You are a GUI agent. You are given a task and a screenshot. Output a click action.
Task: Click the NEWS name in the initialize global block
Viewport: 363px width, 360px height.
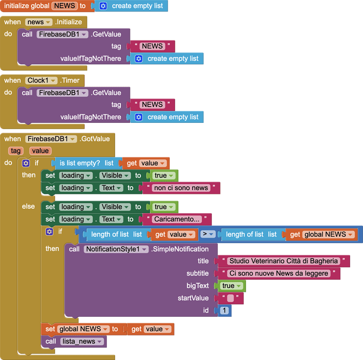(x=64, y=6)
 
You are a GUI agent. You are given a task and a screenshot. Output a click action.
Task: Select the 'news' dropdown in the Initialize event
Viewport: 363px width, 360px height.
(x=38, y=22)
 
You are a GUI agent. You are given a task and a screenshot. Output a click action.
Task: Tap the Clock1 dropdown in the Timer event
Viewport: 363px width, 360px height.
(x=42, y=81)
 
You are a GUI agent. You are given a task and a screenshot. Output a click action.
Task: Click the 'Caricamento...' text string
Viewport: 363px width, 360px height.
(x=177, y=219)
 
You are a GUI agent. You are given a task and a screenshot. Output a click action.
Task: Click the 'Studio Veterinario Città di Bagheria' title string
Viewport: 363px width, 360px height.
(x=283, y=261)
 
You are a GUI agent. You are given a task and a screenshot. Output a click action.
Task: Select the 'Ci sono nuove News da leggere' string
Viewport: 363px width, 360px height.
(x=279, y=273)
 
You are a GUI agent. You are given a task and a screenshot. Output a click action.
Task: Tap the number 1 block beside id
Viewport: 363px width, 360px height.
(x=224, y=311)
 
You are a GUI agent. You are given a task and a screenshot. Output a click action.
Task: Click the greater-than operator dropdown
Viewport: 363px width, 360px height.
(x=207, y=234)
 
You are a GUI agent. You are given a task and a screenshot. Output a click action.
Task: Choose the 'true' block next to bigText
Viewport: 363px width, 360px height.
(x=232, y=286)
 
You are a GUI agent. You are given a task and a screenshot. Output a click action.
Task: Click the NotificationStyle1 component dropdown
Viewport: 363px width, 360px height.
(x=117, y=249)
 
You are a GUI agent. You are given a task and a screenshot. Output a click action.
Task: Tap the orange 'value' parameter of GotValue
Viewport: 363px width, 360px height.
(x=41, y=151)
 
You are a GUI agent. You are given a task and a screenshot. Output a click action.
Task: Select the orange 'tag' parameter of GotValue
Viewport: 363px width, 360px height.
(x=16, y=151)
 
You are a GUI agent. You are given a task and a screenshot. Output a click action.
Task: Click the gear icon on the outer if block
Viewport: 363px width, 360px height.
(x=26, y=163)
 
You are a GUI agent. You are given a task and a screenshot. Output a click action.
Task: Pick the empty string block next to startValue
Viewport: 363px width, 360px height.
(x=231, y=298)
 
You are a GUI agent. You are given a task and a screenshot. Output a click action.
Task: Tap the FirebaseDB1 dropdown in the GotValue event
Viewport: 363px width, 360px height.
(x=52, y=139)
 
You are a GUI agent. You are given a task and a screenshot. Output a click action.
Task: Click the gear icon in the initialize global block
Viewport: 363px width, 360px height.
(x=103, y=6)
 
